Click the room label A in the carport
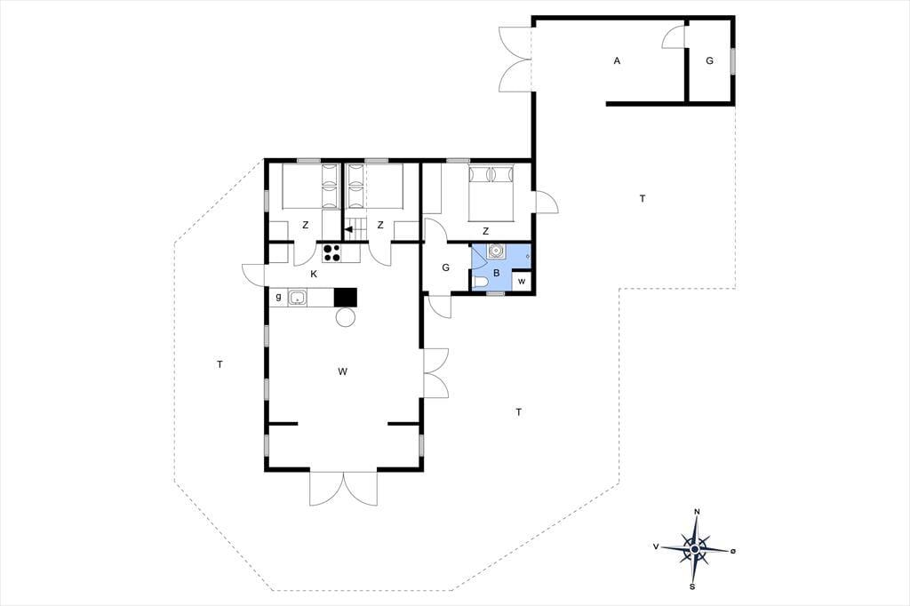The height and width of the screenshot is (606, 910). (617, 60)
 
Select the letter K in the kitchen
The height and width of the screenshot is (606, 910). (314, 274)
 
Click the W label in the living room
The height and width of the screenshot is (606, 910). (342, 371)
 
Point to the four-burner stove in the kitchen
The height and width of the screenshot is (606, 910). (332, 252)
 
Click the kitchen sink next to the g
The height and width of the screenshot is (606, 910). (298, 298)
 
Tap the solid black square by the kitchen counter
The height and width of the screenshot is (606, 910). (346, 297)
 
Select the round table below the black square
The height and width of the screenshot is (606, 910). (346, 317)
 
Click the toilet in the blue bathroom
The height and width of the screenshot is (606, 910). (480, 283)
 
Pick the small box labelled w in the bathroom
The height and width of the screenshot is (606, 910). (521, 282)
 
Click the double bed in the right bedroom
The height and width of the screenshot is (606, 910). (491, 194)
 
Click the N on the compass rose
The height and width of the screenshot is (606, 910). (697, 512)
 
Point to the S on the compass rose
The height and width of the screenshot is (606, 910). (692, 586)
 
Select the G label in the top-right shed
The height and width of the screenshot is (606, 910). (709, 60)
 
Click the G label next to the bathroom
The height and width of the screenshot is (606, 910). (446, 267)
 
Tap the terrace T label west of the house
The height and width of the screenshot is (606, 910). (220, 364)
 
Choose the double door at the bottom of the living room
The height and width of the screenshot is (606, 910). (344, 489)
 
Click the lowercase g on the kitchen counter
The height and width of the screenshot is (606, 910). (278, 297)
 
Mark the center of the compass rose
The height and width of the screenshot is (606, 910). (695, 548)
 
